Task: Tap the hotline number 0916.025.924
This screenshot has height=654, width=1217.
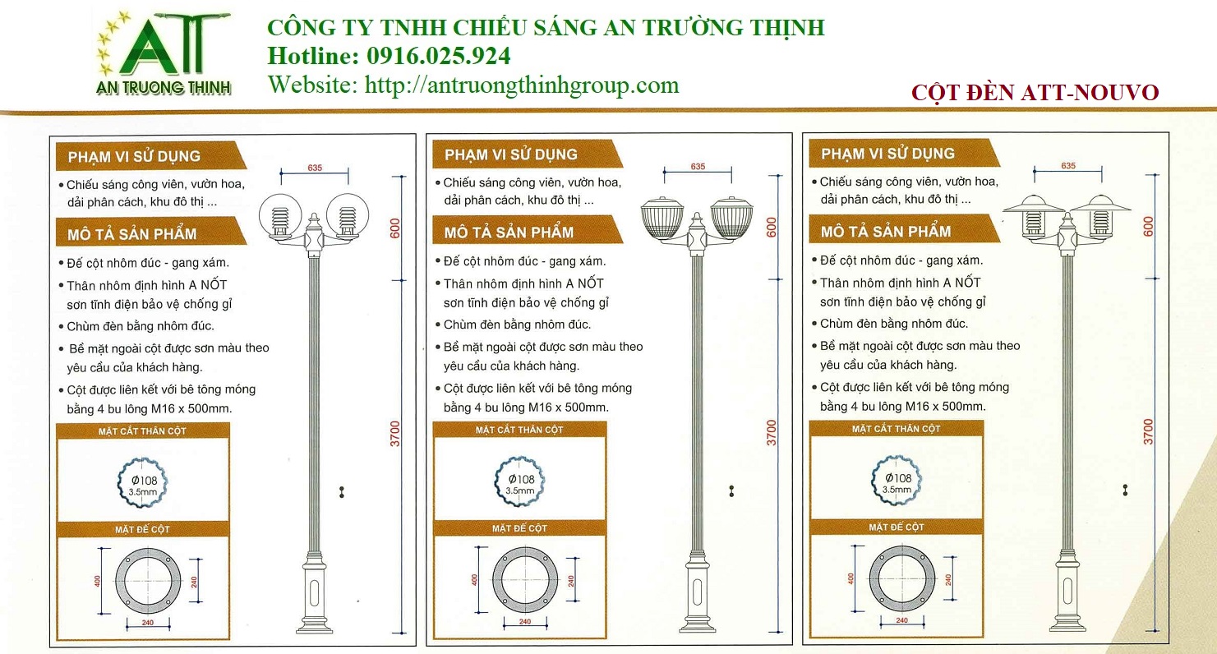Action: point(439,56)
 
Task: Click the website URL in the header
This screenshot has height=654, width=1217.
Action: point(522,85)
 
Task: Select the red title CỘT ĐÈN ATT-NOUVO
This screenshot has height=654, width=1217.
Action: point(1035,92)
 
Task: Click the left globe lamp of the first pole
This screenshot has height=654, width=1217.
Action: point(280,216)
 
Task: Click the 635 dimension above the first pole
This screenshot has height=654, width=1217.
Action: point(315,168)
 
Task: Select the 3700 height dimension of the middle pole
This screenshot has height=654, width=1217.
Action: point(772,433)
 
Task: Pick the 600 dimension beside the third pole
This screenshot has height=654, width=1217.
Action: point(1148,227)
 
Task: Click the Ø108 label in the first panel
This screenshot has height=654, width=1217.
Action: point(144,481)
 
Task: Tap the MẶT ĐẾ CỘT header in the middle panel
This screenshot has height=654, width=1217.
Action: point(519,528)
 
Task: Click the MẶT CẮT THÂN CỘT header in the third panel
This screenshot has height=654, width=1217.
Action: point(896,429)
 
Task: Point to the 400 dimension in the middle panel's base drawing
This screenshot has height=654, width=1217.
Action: point(474,580)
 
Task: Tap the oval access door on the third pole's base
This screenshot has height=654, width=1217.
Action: point(1067,591)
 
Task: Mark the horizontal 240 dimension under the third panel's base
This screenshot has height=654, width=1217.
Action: point(902,620)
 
